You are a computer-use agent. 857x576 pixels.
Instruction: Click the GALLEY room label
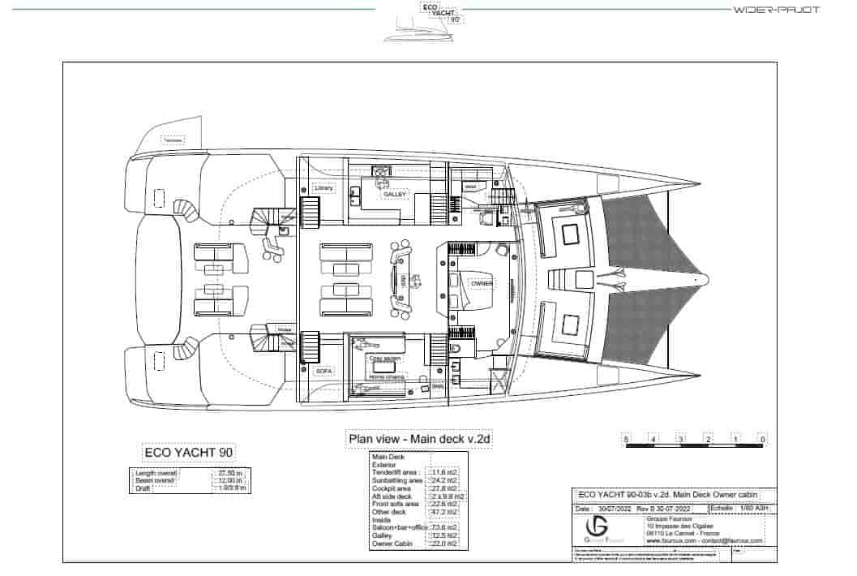click(396, 195)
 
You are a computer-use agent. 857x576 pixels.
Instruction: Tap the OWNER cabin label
click(482, 284)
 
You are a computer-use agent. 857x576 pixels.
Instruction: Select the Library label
click(324, 188)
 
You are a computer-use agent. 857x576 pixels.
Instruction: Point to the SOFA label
click(324, 370)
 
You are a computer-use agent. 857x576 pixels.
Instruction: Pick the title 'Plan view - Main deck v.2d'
click(420, 439)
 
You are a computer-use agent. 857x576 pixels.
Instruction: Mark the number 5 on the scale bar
click(627, 440)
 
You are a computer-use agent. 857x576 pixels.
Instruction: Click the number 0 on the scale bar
click(762, 440)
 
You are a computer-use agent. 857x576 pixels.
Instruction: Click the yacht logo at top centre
click(428, 19)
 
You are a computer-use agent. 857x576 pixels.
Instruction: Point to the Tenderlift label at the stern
click(173, 140)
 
